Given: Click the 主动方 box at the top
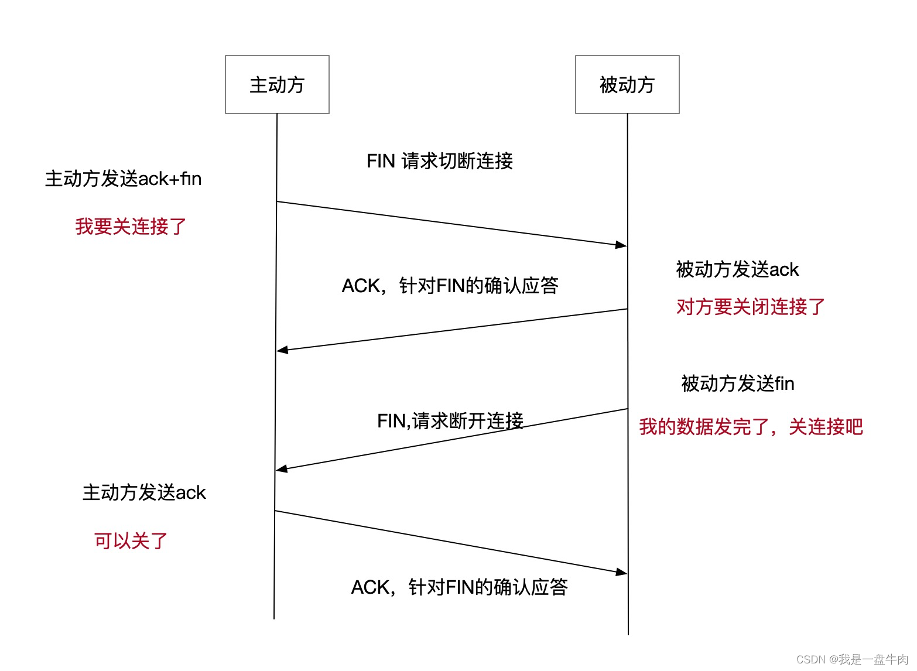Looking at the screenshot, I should (x=277, y=85).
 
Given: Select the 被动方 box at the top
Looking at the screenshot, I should (x=627, y=85).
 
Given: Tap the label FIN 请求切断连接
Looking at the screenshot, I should (x=440, y=161).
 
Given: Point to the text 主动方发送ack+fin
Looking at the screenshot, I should (x=123, y=179).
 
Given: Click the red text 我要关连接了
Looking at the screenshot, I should (x=131, y=227).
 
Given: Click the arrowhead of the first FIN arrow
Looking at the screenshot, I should (x=622, y=245).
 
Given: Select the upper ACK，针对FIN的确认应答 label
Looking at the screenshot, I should (x=450, y=286).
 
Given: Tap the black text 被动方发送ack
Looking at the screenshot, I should (x=737, y=269).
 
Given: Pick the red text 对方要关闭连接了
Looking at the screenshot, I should (x=751, y=306).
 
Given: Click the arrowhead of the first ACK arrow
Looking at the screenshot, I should (x=282, y=350).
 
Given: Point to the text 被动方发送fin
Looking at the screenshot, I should (x=738, y=384).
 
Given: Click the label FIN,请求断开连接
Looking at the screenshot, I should (x=450, y=420).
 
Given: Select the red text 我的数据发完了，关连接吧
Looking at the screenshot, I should (x=751, y=427).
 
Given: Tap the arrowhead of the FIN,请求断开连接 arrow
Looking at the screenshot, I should (x=282, y=469).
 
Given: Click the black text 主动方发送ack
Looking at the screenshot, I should (x=144, y=492).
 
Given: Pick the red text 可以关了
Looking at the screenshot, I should (x=131, y=540).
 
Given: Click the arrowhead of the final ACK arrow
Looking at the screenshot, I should (x=622, y=572).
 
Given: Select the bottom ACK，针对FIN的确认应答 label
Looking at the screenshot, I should (x=459, y=587).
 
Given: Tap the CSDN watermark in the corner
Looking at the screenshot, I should (x=852, y=659).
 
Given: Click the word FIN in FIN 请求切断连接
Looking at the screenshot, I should (x=381, y=161).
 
